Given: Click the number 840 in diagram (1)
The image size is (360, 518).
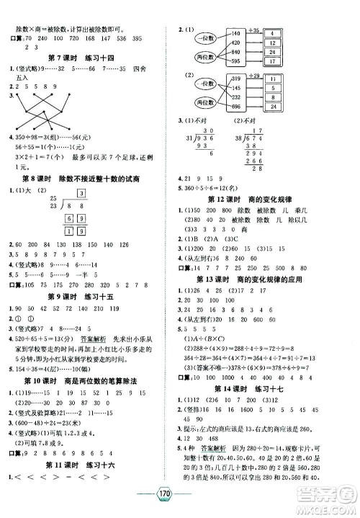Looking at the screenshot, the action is click(237, 53).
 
